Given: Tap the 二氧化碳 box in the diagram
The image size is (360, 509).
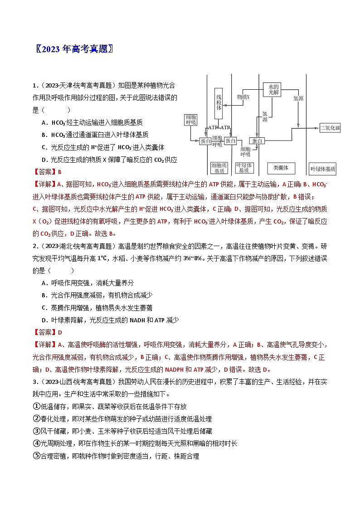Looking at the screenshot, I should coord(330,128).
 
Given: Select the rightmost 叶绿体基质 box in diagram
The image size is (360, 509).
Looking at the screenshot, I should coord(323,169).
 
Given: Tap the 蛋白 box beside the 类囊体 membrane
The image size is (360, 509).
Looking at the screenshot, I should coord(258,141).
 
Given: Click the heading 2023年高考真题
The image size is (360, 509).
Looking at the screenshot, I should coord(74,49).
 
